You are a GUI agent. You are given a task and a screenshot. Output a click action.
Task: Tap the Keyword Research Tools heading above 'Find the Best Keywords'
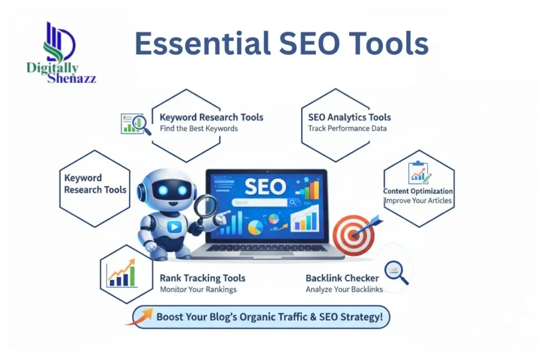[x=211, y=117]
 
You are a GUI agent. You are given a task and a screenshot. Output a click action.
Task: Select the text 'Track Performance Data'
[x=348, y=128]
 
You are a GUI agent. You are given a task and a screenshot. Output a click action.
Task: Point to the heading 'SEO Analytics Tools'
[x=350, y=117]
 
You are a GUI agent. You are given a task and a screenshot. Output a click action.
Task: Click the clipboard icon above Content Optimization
[x=419, y=172]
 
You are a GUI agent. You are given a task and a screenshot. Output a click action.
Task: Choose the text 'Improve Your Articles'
[x=418, y=201]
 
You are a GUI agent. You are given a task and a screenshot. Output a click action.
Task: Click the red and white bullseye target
[x=354, y=234]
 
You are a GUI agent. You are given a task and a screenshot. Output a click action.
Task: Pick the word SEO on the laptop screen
[x=265, y=186]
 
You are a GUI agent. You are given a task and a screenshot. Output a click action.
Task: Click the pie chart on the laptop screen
[x=255, y=227]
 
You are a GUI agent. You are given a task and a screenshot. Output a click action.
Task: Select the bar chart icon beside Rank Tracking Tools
[x=121, y=273]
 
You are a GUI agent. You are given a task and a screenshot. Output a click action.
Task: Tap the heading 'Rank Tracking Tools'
[x=202, y=278]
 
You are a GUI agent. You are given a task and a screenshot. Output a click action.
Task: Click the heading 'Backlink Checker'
[x=342, y=278]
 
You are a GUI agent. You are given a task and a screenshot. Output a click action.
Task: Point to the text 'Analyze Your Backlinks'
[x=344, y=289]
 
